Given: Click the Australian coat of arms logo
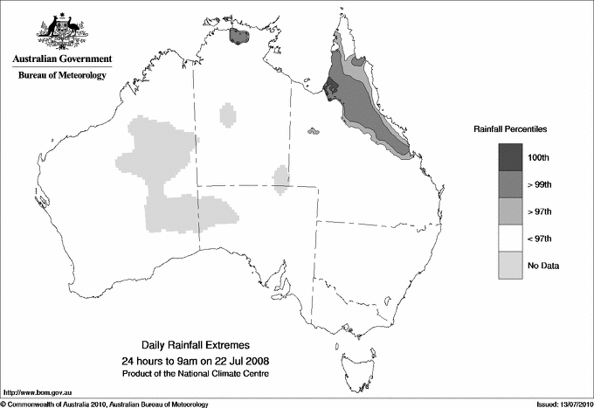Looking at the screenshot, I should (62, 30).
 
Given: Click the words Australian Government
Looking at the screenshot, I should (62, 59).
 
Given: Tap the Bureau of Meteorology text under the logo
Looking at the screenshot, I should (62, 75).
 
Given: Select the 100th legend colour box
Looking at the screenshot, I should (511, 156).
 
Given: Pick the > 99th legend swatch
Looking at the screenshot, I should (511, 183).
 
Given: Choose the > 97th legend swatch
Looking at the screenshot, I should (511, 211).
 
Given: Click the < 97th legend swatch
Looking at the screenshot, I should (511, 238).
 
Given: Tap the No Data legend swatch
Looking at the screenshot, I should (511, 265).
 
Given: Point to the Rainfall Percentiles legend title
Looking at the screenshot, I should (510, 128).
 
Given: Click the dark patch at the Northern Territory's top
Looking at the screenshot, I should (238, 36).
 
